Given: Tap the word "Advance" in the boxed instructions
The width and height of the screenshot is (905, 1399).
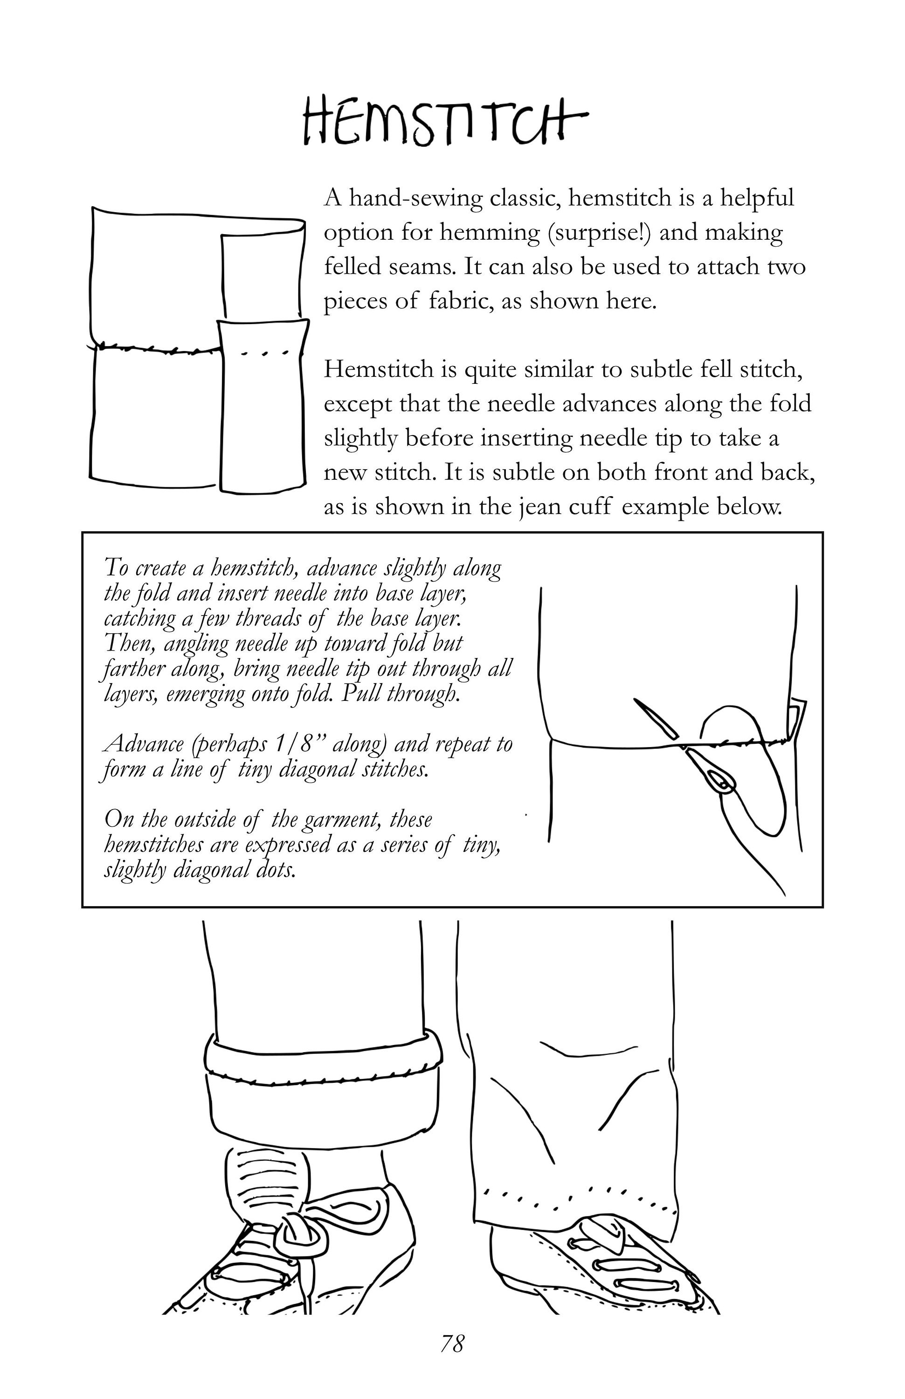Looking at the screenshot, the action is pyautogui.click(x=143, y=744).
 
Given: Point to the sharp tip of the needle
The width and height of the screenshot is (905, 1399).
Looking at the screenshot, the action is pyautogui.click(x=635, y=699).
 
